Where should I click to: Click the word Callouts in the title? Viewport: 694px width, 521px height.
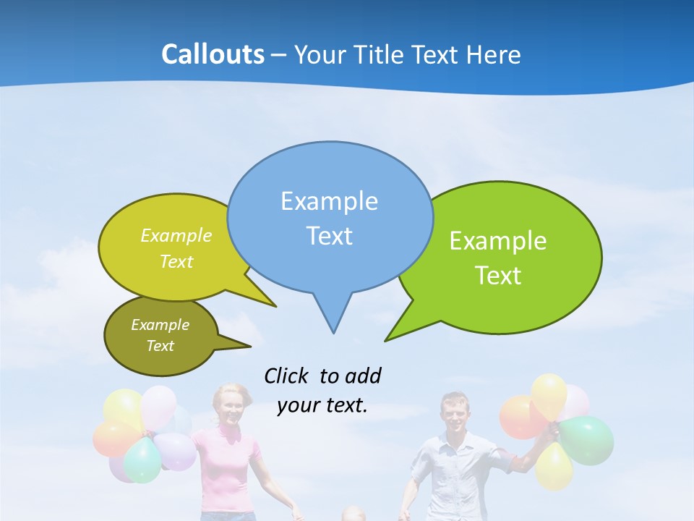[213, 54]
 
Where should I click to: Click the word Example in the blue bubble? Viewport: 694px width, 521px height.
[329, 201]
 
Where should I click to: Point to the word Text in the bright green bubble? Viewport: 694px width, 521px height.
[498, 276]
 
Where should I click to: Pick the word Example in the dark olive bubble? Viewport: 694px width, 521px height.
[160, 325]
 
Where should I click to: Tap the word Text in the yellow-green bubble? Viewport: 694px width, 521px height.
[176, 262]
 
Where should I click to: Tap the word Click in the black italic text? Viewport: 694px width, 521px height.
[287, 376]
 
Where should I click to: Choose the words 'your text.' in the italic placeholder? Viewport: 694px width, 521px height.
[322, 405]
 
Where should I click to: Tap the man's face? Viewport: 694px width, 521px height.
[455, 414]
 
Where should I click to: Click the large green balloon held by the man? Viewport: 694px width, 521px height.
[586, 440]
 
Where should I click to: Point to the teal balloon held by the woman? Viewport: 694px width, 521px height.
[142, 460]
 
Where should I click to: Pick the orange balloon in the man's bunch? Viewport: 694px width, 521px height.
[518, 417]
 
